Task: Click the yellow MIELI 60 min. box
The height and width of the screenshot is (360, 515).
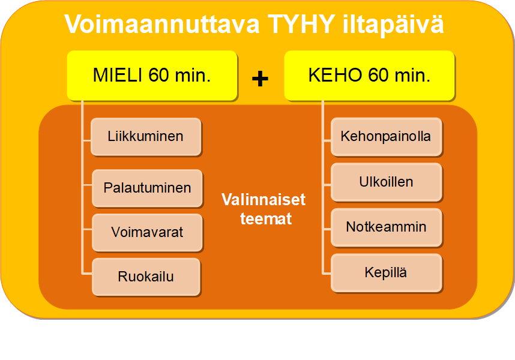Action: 152,76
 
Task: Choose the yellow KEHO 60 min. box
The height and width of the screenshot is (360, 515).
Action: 369,76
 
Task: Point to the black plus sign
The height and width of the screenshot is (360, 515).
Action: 260,79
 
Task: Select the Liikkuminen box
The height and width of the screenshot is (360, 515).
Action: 146,137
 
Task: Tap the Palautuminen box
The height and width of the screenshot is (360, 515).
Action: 147,188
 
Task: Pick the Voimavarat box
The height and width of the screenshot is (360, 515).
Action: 147,232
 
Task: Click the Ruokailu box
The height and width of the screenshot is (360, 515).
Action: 146,277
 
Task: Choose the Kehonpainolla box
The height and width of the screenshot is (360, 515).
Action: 386,137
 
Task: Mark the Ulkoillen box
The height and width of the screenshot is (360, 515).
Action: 386,182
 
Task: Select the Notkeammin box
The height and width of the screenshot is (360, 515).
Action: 386,227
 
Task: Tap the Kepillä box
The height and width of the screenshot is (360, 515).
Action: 386,273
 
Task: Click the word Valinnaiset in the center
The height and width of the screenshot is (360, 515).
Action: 264,199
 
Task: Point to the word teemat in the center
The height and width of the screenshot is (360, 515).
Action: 266,219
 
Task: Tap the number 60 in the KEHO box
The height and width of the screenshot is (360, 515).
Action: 377,76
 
